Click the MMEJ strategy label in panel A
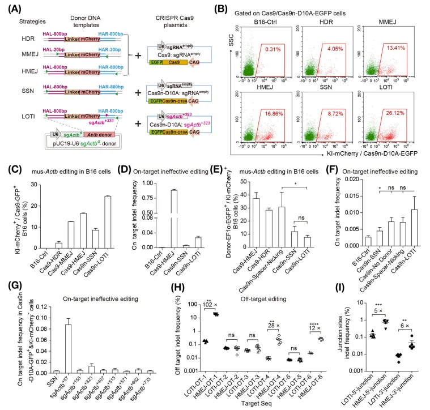pos(22,54)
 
